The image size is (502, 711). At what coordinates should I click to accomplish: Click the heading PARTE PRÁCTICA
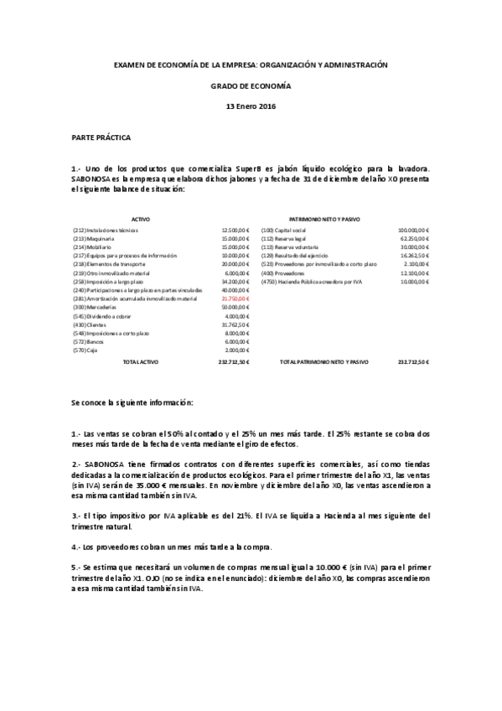[x=101, y=136]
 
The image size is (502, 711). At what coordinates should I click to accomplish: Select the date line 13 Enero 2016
[x=251, y=106]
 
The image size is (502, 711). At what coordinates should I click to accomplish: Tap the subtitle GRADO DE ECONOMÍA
[x=251, y=86]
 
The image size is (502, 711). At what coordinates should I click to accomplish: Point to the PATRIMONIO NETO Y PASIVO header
[x=324, y=219]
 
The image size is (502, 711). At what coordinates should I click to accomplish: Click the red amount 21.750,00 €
[x=235, y=298]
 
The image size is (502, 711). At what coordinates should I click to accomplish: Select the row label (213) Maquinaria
[x=94, y=238]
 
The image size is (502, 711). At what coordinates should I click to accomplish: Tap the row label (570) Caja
[x=87, y=350]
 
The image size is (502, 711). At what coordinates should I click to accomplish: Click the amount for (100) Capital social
[x=413, y=230]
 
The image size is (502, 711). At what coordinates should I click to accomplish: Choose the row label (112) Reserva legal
[x=285, y=238]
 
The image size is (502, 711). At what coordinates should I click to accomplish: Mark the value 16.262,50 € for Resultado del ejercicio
[x=414, y=255]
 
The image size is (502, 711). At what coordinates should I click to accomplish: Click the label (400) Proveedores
[x=282, y=272]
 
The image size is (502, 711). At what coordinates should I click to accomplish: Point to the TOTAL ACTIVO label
[x=141, y=362]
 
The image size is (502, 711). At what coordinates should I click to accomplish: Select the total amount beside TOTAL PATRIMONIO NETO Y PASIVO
[x=413, y=362]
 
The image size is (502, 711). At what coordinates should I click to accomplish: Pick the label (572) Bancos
[x=90, y=341]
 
